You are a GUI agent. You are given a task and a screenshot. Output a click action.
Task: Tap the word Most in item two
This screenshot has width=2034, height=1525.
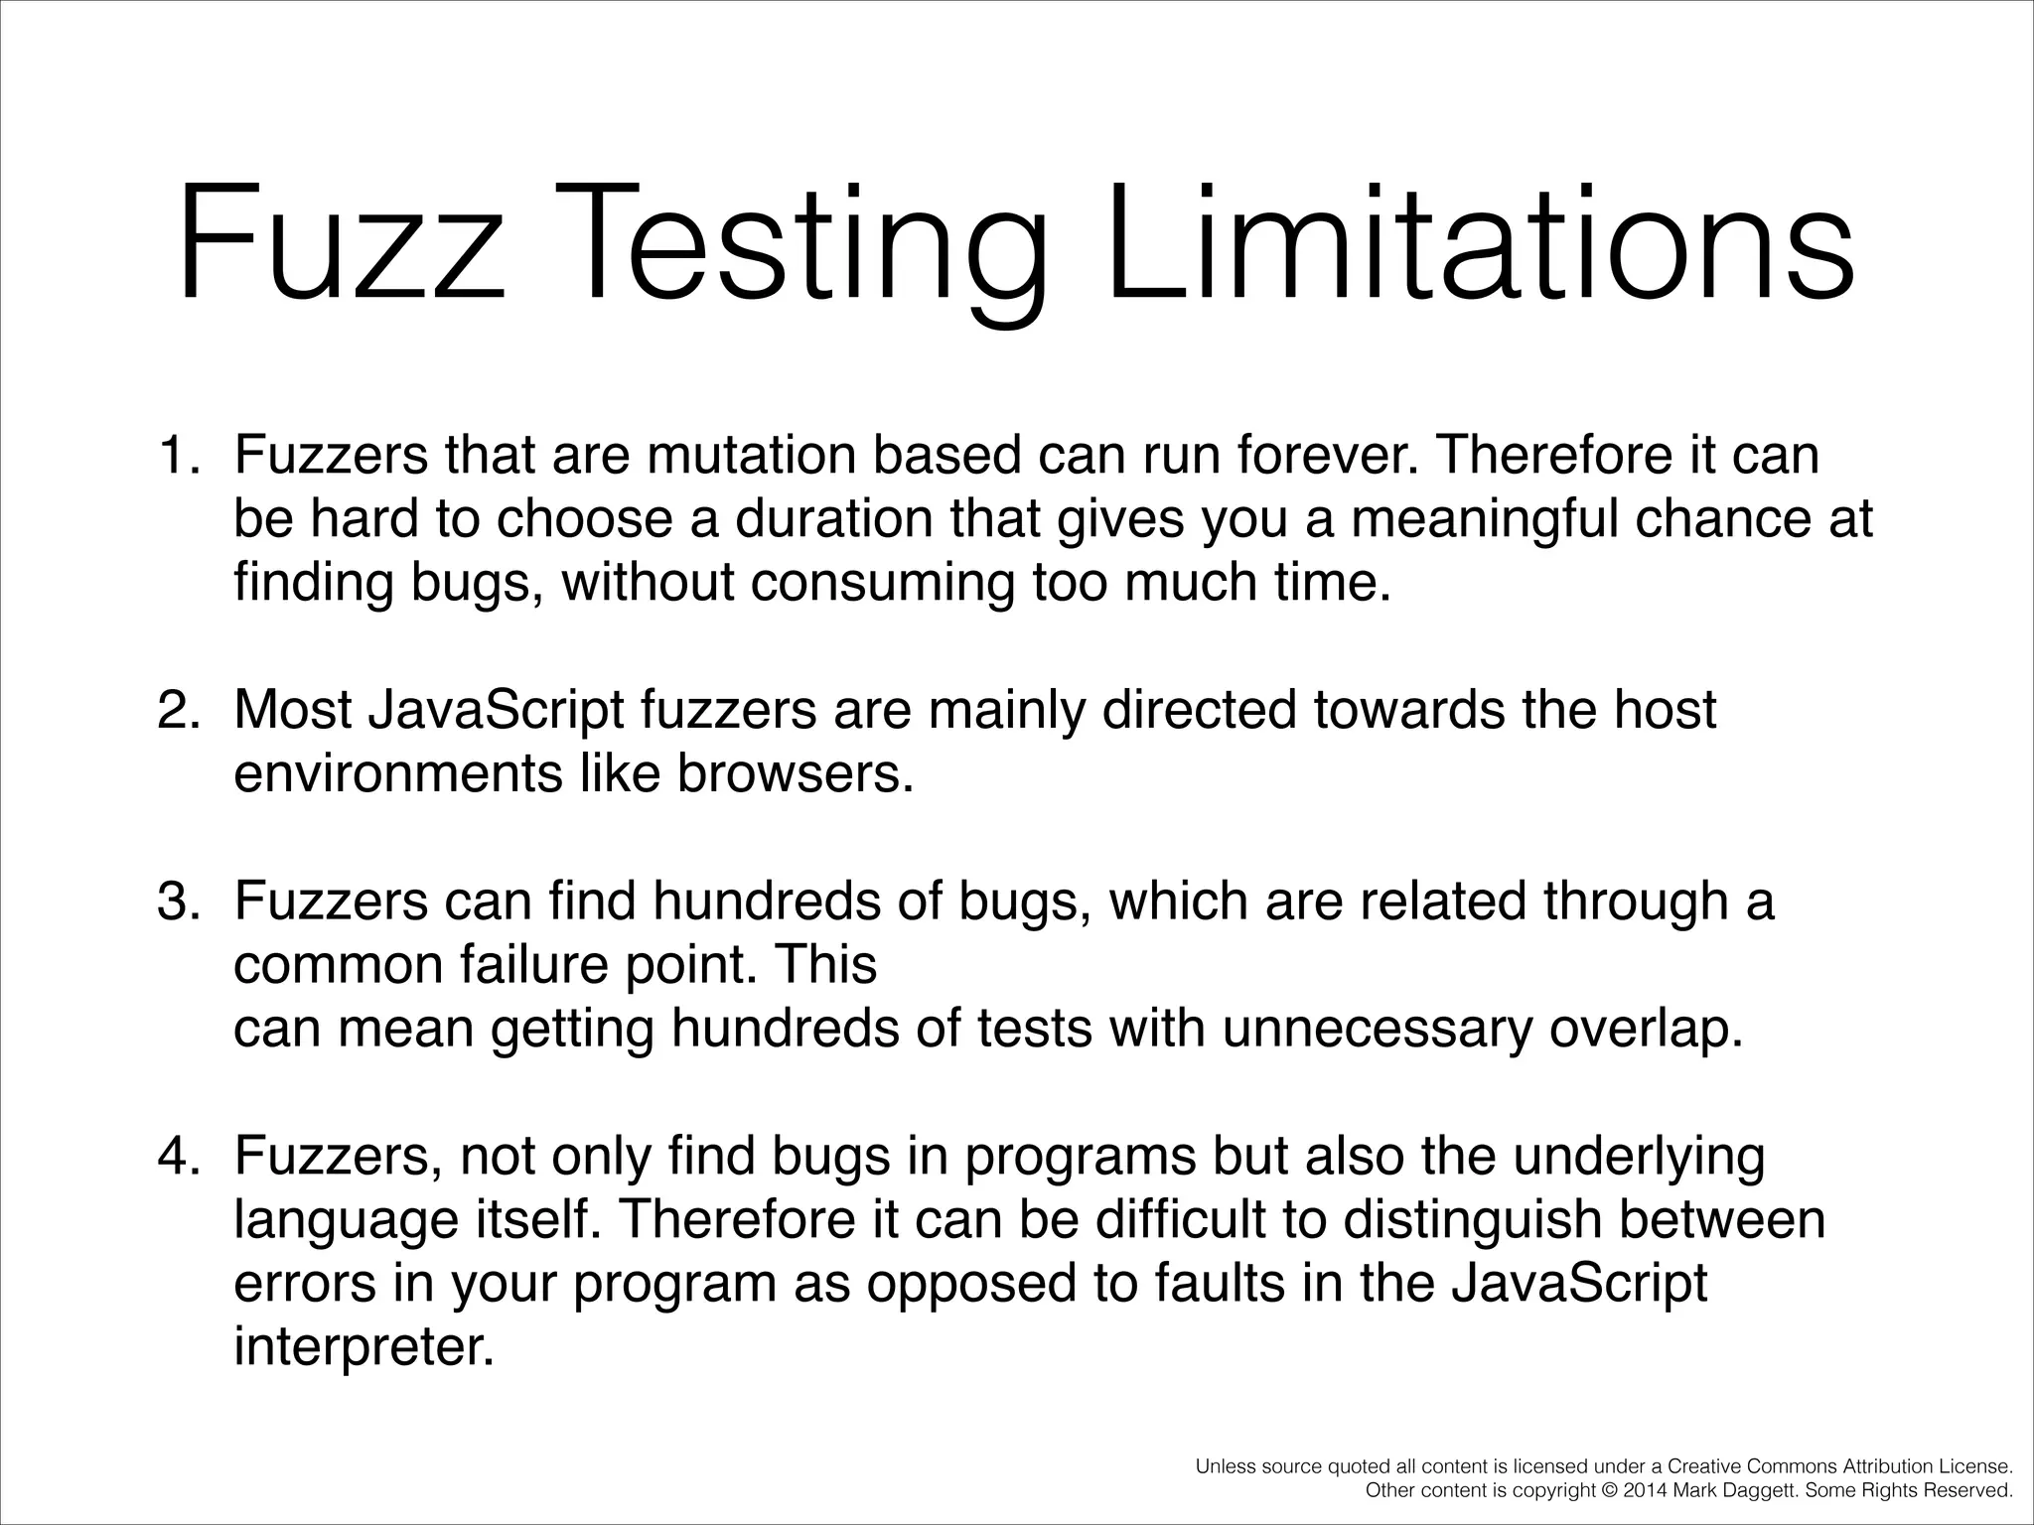point(293,710)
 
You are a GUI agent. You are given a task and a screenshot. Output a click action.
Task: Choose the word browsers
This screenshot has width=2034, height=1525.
point(795,773)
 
